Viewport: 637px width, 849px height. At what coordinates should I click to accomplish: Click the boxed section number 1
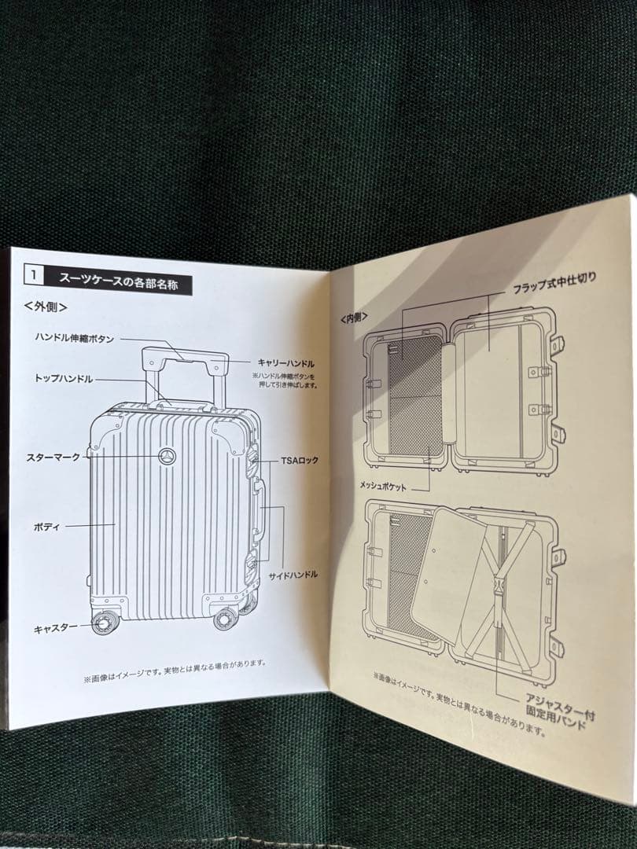pos(34,276)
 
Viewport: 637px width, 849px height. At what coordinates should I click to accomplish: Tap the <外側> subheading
pos(46,305)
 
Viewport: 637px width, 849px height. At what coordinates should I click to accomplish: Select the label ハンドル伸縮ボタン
pos(75,338)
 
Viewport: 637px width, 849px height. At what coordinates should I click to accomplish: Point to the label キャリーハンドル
pos(286,363)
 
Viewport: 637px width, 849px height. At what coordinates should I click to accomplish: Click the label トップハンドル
pos(63,378)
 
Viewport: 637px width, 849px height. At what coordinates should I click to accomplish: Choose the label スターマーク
pos(53,457)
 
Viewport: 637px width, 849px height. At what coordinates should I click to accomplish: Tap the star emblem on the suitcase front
pos(166,456)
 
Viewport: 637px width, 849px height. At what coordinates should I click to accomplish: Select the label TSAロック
pos(299,460)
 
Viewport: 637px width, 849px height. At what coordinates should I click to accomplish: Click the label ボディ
pos(46,526)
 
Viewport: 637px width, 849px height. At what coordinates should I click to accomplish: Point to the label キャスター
pos(55,628)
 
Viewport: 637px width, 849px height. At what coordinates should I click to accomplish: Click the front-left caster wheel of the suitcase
pos(103,623)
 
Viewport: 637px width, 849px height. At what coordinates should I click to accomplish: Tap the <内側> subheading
pos(355,318)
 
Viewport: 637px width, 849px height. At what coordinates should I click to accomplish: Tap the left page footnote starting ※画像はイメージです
pos(175,663)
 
